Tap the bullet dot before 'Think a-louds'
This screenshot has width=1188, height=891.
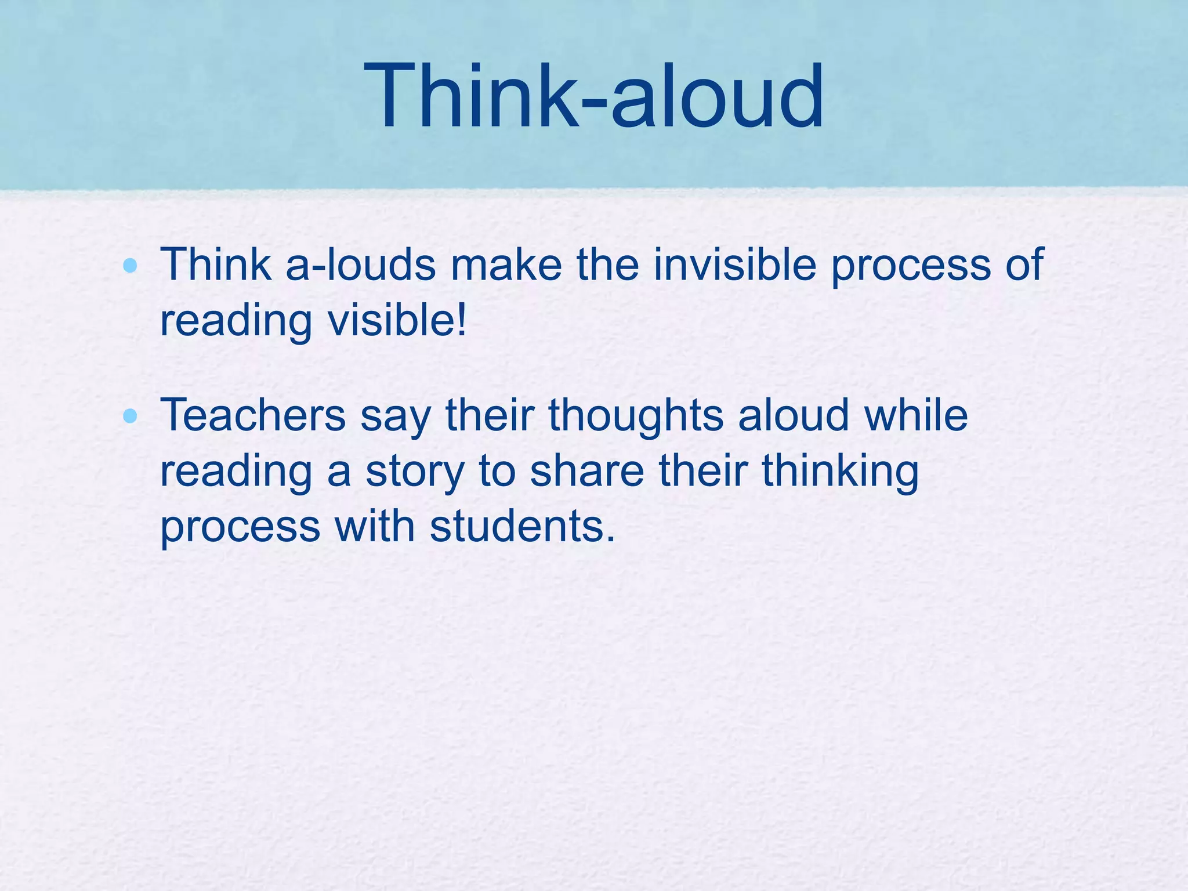[131, 266]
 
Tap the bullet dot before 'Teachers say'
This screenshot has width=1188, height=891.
[131, 416]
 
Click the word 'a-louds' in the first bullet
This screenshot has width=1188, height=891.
[360, 265]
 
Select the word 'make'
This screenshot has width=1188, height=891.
[506, 265]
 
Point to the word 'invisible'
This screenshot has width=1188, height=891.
[735, 265]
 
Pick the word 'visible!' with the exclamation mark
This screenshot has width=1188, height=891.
[397, 320]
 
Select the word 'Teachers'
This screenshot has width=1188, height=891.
[253, 415]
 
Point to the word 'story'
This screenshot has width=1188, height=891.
[415, 472]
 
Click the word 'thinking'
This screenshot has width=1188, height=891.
[840, 472]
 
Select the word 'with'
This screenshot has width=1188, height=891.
[375, 527]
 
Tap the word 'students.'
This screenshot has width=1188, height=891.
[522, 527]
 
